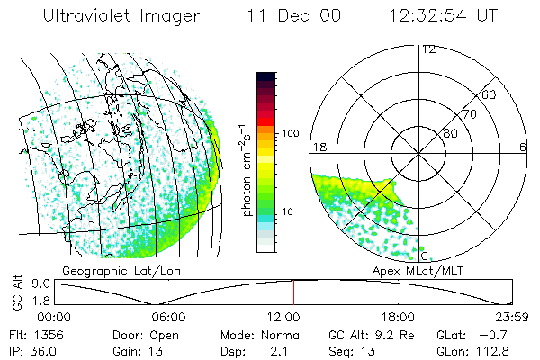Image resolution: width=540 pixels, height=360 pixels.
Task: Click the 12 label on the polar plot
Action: [x=428, y=49]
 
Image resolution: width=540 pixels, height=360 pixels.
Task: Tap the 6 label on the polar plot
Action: [x=523, y=147]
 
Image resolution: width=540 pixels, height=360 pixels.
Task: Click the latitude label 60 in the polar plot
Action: [x=489, y=94]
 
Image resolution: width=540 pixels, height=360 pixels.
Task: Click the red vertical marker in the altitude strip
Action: [x=293, y=292]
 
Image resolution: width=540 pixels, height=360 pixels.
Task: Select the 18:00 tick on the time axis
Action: [x=398, y=317]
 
